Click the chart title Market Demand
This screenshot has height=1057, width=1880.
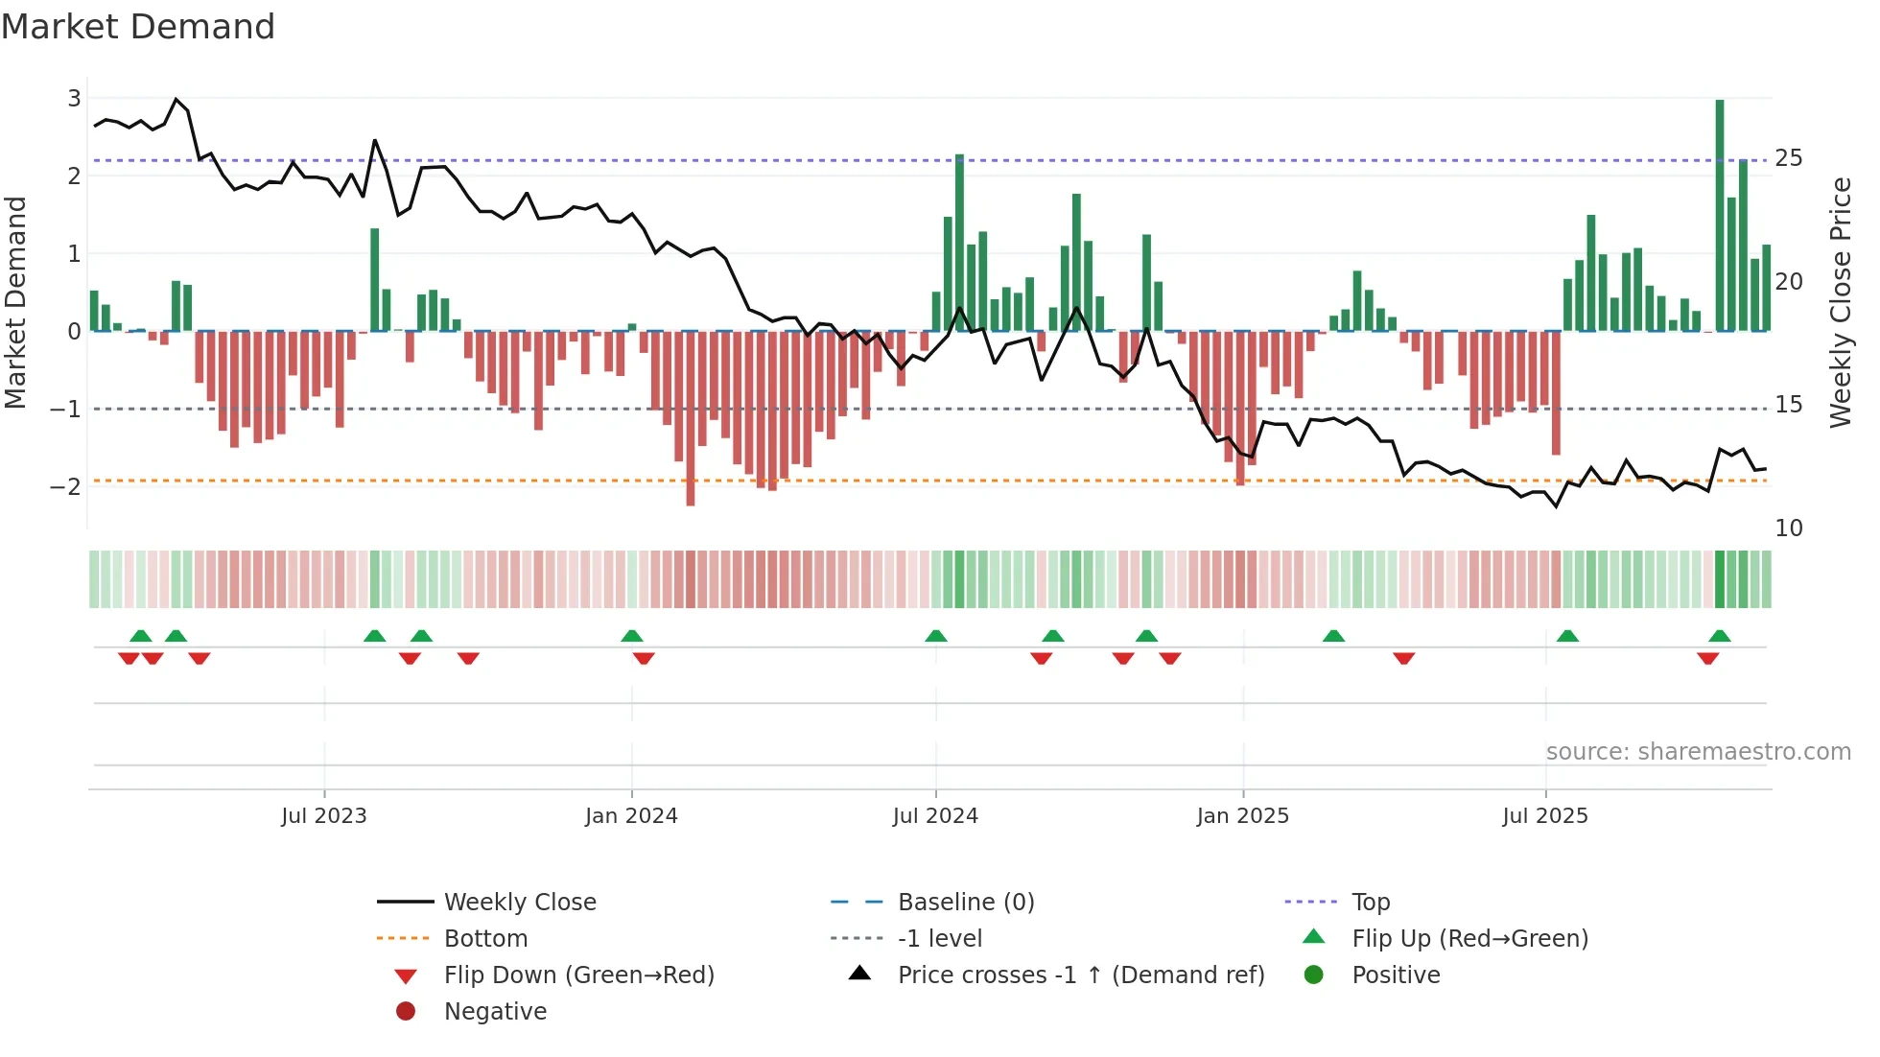pos(138,27)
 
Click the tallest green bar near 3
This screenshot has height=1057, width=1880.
pos(1720,216)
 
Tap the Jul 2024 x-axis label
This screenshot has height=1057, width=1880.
pos(935,816)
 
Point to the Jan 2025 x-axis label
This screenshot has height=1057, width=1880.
pos(1242,816)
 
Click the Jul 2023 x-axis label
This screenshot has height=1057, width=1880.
pos(324,816)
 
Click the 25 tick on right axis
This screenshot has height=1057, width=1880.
pos(1788,158)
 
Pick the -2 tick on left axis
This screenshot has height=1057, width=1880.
pos(65,486)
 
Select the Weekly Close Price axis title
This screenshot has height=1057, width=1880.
pos(1840,302)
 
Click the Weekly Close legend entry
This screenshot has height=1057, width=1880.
pos(519,903)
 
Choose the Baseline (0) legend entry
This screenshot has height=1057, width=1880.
pos(965,903)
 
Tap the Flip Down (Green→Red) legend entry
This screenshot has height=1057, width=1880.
pos(578,975)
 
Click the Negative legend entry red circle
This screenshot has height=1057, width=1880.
pos(406,1012)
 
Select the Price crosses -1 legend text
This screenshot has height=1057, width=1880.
pos(1081,975)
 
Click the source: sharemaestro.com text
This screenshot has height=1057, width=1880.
pos(1698,752)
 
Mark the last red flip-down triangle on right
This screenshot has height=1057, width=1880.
pos(1707,658)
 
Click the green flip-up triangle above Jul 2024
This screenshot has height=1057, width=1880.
pos(936,636)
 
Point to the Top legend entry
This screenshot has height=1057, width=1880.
pos(1370,903)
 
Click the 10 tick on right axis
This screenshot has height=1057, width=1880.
pos(1788,528)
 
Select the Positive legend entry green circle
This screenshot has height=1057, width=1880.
pos(1314,975)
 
